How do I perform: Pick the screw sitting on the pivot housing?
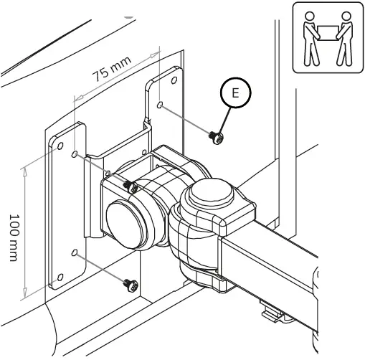point(130,186)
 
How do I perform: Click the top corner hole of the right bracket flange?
point(174,77)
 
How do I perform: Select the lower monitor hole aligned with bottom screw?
point(75,252)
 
